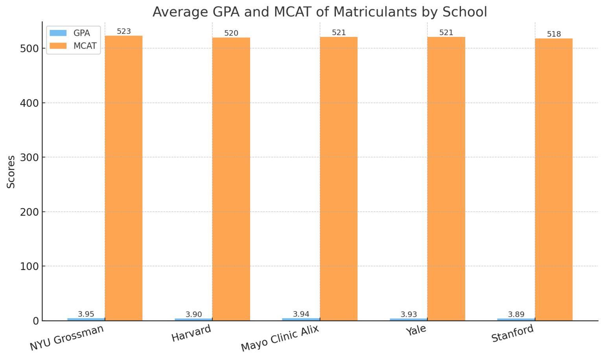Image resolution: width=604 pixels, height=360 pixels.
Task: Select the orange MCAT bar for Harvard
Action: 231,179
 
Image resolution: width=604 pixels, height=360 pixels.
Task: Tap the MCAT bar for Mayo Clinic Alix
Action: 339,179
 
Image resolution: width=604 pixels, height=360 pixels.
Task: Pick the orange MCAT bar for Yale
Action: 446,179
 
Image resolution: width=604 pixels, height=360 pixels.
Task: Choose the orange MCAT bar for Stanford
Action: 554,179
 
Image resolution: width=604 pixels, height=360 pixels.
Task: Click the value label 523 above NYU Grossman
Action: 124,31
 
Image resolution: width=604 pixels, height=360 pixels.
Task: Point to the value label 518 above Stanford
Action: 554,34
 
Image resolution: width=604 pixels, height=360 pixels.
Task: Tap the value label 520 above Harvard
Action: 231,33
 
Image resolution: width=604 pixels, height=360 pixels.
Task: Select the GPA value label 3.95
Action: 86,314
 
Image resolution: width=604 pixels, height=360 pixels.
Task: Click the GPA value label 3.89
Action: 516,314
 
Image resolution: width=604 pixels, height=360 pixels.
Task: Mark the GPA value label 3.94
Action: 301,314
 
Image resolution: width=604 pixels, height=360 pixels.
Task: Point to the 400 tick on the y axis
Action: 30,103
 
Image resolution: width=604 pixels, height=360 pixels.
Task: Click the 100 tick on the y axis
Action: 30,266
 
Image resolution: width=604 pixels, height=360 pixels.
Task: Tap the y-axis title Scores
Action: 11,172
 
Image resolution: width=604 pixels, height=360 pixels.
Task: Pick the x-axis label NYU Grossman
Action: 67,338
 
